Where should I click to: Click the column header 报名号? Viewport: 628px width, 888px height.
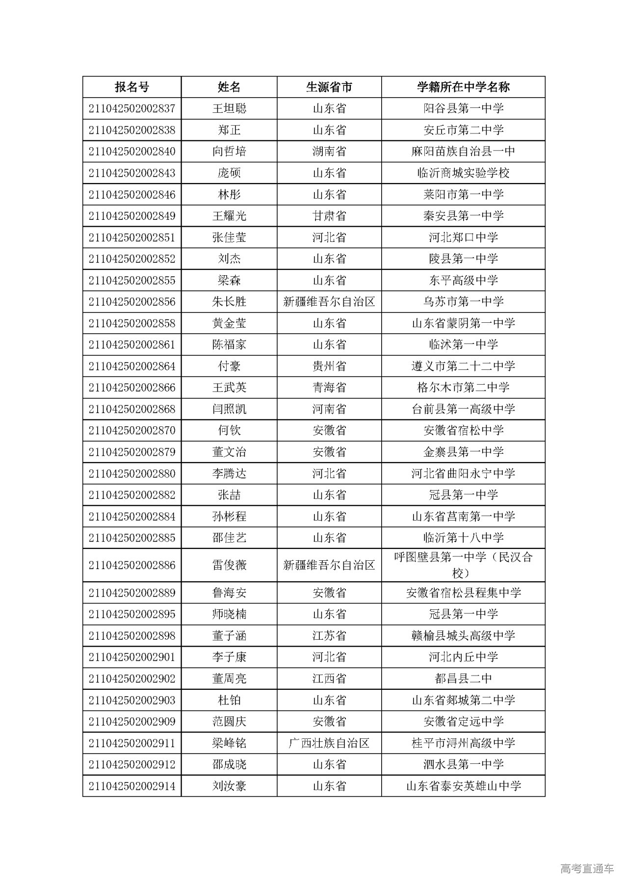point(131,87)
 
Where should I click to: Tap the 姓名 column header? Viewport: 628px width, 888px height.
point(229,87)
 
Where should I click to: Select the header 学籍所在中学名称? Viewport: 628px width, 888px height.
point(463,87)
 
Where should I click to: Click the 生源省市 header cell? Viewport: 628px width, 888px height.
point(329,87)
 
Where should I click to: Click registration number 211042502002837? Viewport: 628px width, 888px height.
point(131,108)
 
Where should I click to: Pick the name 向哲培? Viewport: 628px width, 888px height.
point(229,152)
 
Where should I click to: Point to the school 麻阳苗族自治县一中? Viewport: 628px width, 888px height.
point(463,152)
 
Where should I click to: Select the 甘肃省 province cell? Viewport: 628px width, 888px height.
point(329,216)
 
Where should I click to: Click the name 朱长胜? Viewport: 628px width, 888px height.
point(229,302)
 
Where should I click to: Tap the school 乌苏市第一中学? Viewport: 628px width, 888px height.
point(463,302)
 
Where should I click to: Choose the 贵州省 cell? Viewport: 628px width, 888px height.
point(329,366)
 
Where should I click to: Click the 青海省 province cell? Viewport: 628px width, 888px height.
point(329,388)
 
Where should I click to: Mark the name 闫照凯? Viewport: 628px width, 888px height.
point(229,409)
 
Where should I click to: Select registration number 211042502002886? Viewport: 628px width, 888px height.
point(131,565)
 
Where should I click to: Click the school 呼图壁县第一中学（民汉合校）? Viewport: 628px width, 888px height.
point(463,565)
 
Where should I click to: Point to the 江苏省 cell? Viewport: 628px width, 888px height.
point(329,636)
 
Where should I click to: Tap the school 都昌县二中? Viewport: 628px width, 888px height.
point(463,679)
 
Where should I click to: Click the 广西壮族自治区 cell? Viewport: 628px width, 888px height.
point(329,743)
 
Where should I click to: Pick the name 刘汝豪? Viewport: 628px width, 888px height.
point(229,786)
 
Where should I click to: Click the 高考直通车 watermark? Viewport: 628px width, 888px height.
point(586,868)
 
